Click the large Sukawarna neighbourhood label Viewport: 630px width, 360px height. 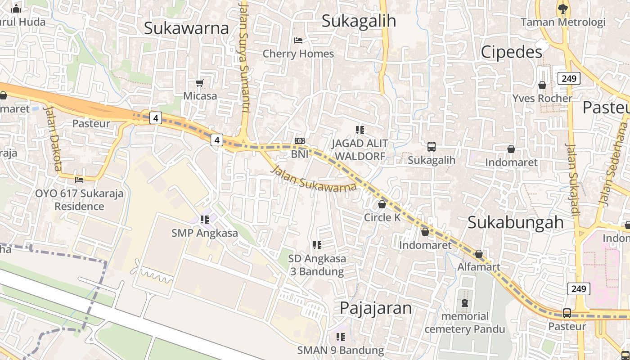[x=186, y=28]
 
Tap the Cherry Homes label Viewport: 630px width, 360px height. [x=298, y=54]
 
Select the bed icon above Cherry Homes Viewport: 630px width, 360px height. [x=298, y=40]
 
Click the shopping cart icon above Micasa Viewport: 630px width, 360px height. [x=200, y=83]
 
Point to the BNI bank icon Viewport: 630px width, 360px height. [x=299, y=141]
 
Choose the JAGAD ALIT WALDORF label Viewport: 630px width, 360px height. [x=360, y=150]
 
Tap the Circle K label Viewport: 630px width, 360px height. [x=382, y=217]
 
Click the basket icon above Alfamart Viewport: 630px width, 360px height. [x=479, y=254]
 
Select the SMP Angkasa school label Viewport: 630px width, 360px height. [x=204, y=233]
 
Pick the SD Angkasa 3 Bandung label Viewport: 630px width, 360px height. [x=317, y=265]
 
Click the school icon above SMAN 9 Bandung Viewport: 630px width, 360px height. [x=341, y=337]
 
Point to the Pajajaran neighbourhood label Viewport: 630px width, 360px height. [x=375, y=308]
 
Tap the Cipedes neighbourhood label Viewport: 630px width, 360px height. [x=511, y=52]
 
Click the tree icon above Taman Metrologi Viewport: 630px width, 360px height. [x=562, y=8]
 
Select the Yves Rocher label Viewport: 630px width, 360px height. [x=542, y=98]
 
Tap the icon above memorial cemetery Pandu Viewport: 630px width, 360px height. [x=465, y=303]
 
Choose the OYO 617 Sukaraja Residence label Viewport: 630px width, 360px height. [x=79, y=200]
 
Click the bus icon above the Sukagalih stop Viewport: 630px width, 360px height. [x=431, y=146]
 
